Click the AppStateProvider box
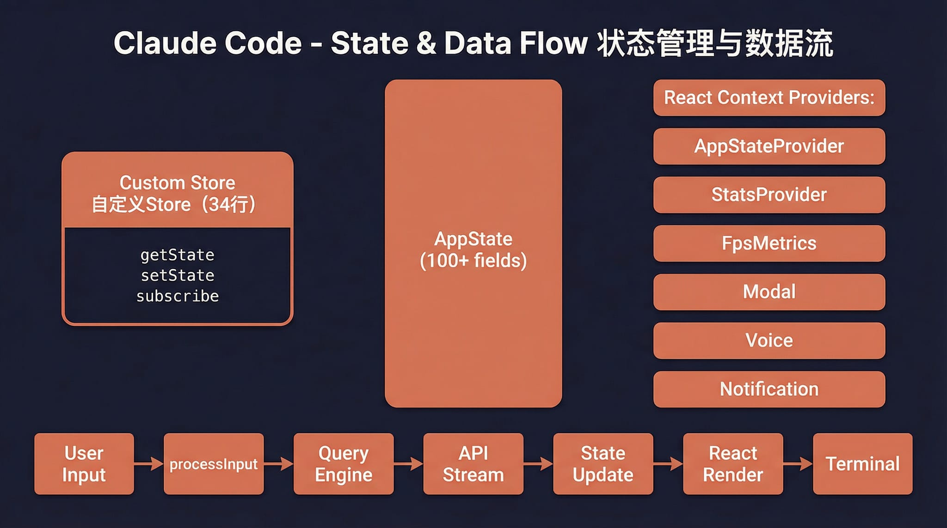pyautogui.click(x=769, y=146)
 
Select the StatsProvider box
pyautogui.click(x=769, y=195)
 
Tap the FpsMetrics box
pyautogui.click(x=769, y=243)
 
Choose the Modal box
pyautogui.click(x=769, y=292)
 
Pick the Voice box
pyautogui.click(x=769, y=340)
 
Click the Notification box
pyautogui.click(x=769, y=389)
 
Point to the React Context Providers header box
pyautogui.click(x=769, y=97)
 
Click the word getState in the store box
pyautogui.click(x=178, y=255)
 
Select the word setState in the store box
pyautogui.click(x=178, y=276)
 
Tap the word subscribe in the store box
pyautogui.click(x=178, y=296)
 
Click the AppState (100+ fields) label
pyautogui.click(x=473, y=250)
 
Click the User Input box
pyautogui.click(x=84, y=464)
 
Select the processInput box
pyautogui.click(x=214, y=464)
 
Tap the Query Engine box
pyautogui.click(x=344, y=464)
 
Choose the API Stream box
pyautogui.click(x=473, y=464)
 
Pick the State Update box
pyautogui.click(x=603, y=464)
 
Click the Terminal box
pyautogui.click(x=862, y=464)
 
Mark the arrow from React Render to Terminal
pyautogui.click(x=798, y=463)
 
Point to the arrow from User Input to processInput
pyautogui.click(x=149, y=463)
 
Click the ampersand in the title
pyautogui.click(x=426, y=43)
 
